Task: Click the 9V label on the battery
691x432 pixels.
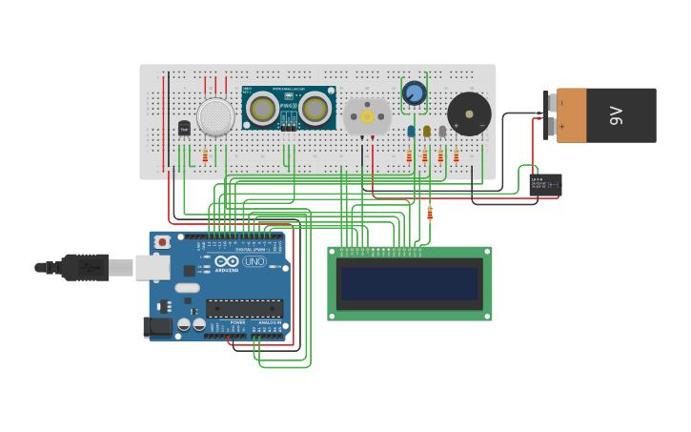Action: coord(616,115)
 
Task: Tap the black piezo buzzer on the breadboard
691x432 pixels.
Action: coord(469,113)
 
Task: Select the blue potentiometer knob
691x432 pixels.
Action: coord(414,93)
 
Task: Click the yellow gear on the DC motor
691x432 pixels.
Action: coord(367,116)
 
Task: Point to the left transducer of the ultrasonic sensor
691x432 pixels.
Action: coord(263,110)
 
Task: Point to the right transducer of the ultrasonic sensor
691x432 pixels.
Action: coord(315,110)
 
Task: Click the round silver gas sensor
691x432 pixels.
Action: coord(215,116)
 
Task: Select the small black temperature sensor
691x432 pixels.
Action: coord(184,128)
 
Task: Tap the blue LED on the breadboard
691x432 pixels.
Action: coord(411,132)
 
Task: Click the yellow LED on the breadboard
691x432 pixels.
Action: coord(426,132)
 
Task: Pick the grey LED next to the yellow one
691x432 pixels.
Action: coord(442,132)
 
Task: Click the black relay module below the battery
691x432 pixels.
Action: coord(545,184)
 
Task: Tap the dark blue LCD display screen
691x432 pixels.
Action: coord(410,283)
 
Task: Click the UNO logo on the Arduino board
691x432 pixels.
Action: coord(254,261)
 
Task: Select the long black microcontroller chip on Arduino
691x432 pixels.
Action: coord(244,308)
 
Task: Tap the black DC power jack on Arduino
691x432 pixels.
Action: coord(157,327)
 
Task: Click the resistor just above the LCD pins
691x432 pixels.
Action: coord(429,213)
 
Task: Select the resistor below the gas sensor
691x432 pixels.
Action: coord(205,155)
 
